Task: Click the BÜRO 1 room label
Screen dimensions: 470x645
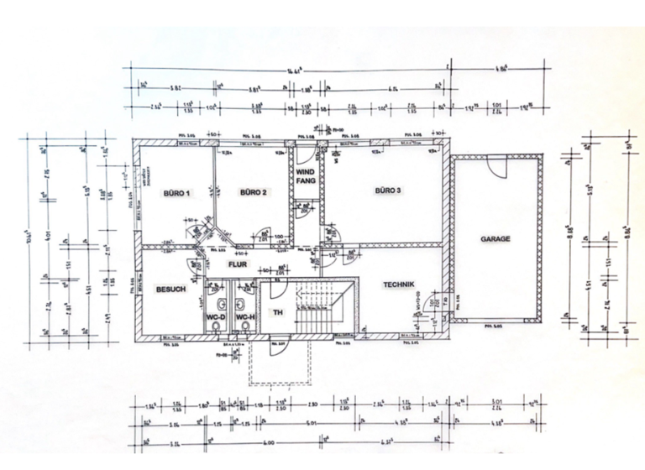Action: [x=177, y=194]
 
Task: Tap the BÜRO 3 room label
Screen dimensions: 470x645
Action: [x=387, y=191]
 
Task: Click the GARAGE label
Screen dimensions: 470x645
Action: [x=496, y=238]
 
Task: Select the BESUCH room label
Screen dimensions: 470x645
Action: [x=171, y=290]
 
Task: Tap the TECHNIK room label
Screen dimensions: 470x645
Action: [x=400, y=285]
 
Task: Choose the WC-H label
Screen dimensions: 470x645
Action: [x=244, y=318]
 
